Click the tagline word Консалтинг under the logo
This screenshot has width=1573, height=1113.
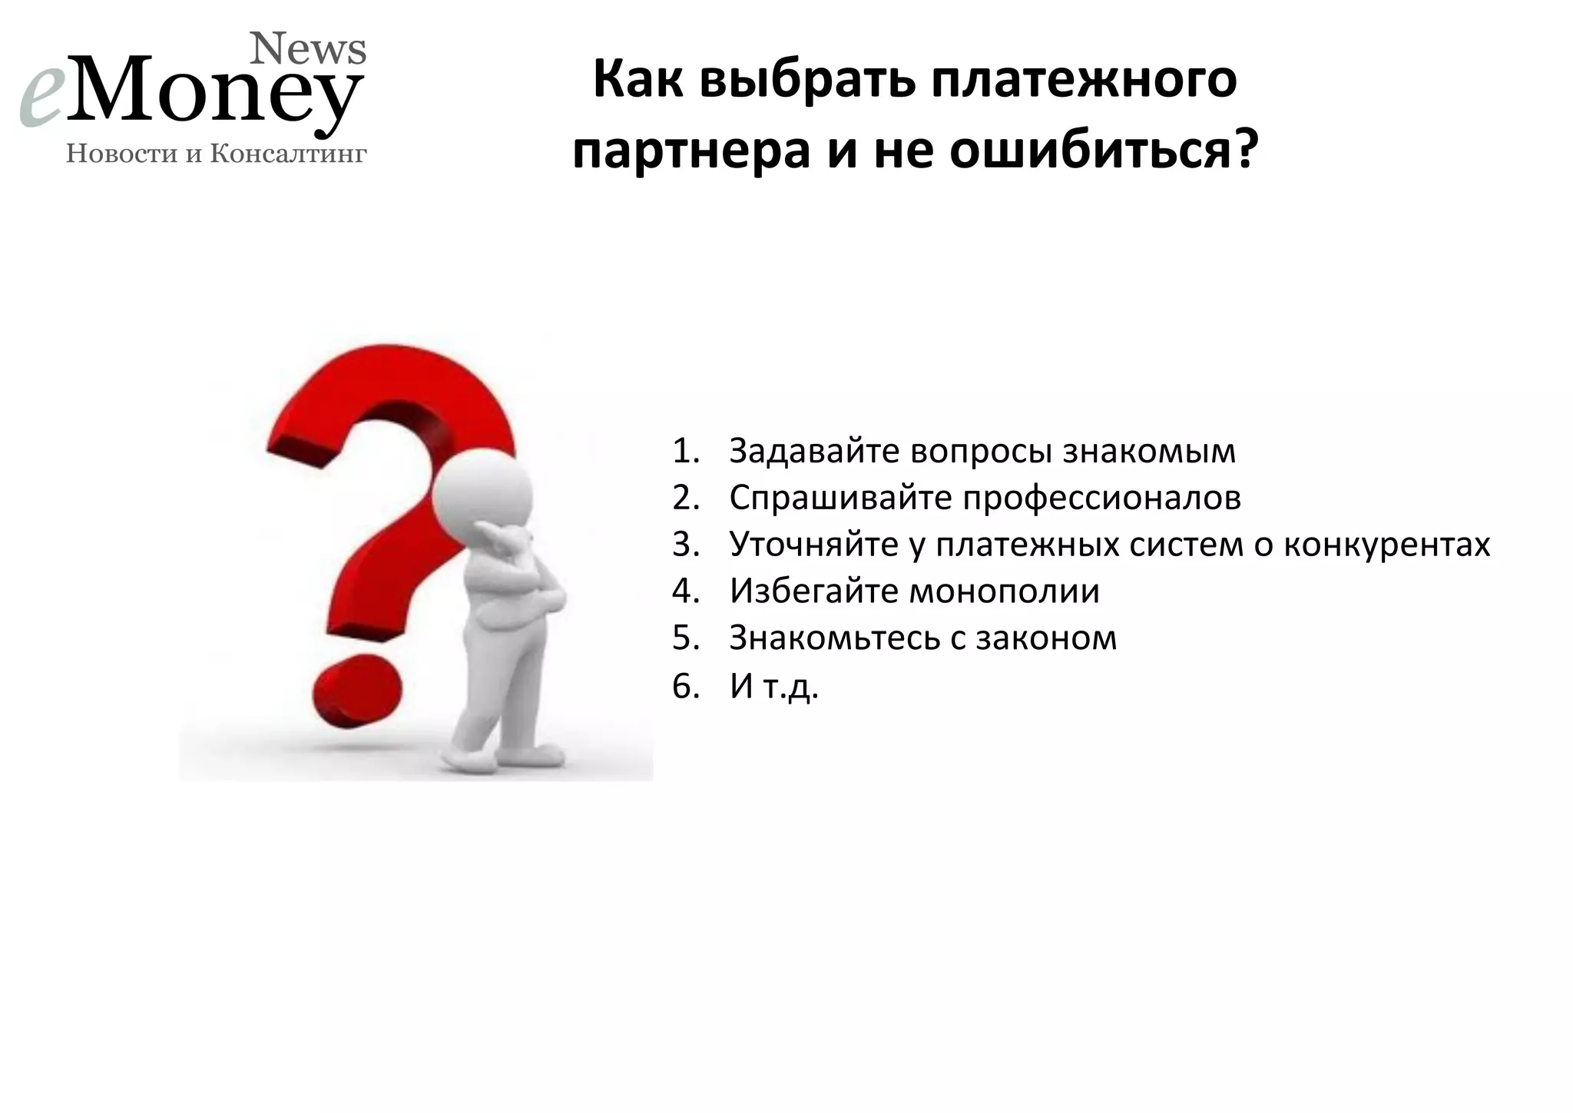pyautogui.click(x=289, y=154)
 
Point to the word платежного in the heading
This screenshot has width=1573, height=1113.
pyautogui.click(x=1084, y=81)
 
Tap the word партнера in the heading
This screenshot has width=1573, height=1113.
pyautogui.click(x=691, y=150)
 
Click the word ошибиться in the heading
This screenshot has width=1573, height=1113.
pyautogui.click(x=1091, y=150)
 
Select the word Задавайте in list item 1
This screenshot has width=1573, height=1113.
pyautogui.click(x=813, y=452)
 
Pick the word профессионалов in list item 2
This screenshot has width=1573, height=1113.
pyautogui.click(x=1102, y=499)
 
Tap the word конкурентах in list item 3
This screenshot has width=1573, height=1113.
pyautogui.click(x=1387, y=545)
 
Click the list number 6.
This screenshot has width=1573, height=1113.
pyautogui.click(x=685, y=687)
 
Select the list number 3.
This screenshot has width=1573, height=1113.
pyautogui.click(x=685, y=545)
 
